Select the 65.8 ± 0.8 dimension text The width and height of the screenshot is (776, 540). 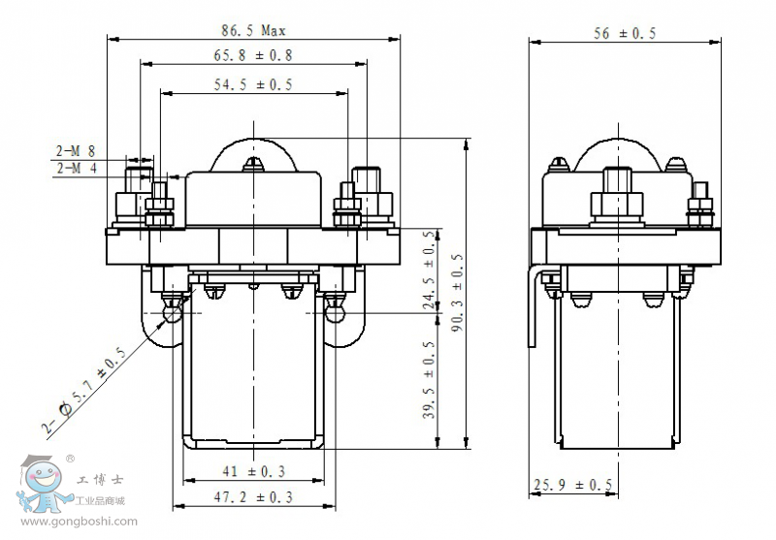click(252, 56)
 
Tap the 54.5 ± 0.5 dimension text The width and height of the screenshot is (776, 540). click(252, 85)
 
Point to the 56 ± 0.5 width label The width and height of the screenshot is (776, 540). click(624, 33)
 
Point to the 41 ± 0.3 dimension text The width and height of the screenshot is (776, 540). click(254, 471)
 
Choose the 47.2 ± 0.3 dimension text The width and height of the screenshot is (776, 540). click(254, 496)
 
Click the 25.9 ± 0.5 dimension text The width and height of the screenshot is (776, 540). click(572, 485)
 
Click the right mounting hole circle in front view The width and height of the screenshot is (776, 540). click(336, 313)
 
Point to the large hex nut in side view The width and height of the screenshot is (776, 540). click(617, 204)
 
